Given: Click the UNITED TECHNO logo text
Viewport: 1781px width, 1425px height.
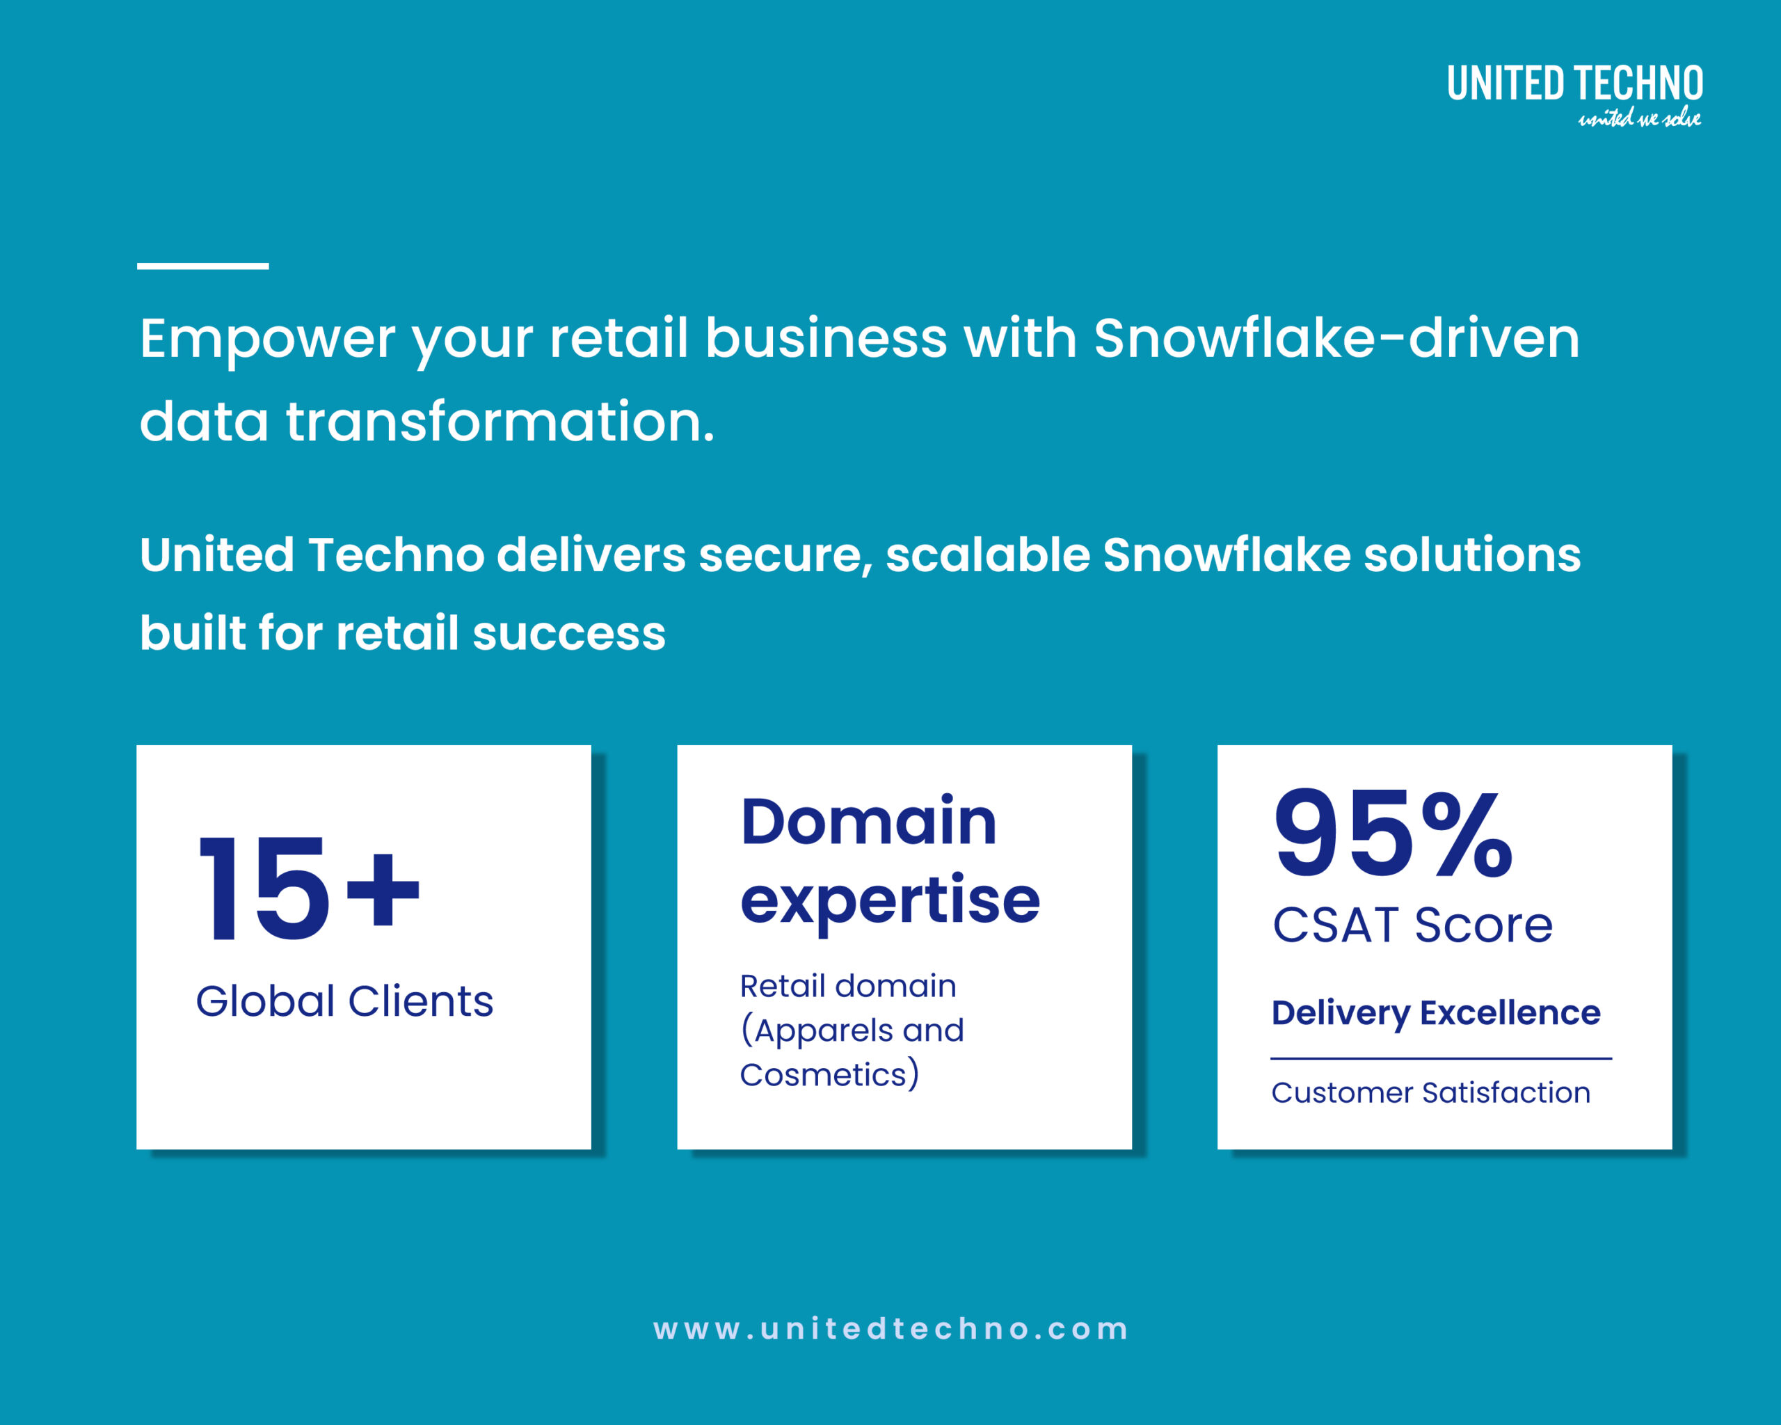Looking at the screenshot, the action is pyautogui.click(x=1574, y=83).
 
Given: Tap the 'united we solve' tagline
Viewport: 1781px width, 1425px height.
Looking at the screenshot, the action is pyautogui.click(x=1640, y=118).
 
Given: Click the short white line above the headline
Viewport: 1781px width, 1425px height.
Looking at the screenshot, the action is pyautogui.click(x=202, y=266).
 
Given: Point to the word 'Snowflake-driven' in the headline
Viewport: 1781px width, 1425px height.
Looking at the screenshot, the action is pyautogui.click(x=1336, y=338).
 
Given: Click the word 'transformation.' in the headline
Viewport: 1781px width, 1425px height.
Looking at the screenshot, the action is pyautogui.click(x=500, y=421).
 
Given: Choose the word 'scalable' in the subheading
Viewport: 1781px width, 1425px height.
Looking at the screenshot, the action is pyautogui.click(x=988, y=555).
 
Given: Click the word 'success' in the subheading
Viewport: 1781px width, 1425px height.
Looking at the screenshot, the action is pyautogui.click(x=568, y=635).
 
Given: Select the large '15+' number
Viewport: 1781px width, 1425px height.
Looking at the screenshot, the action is pyautogui.click(x=309, y=888).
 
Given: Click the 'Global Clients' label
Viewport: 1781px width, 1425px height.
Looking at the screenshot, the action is pyautogui.click(x=344, y=1001).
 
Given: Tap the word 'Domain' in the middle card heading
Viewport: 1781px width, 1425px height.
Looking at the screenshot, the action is pyautogui.click(x=869, y=821).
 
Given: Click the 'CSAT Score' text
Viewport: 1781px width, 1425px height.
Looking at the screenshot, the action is pyautogui.click(x=1412, y=925).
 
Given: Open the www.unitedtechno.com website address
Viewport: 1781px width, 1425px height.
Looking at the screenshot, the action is pyautogui.click(x=890, y=1329).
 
